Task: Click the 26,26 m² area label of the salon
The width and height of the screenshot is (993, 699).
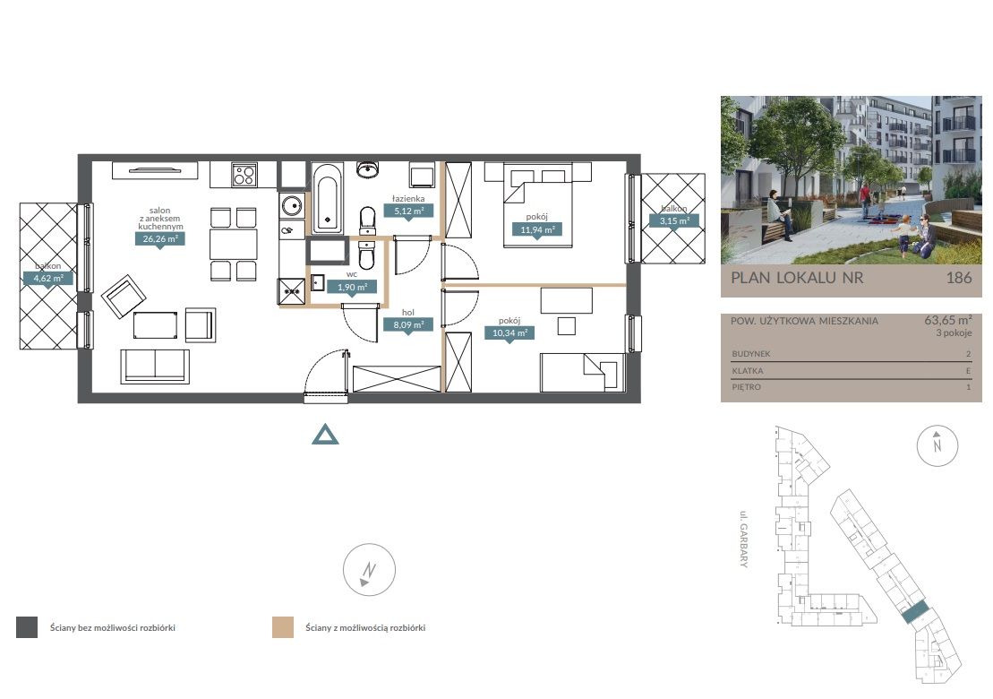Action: click(160, 239)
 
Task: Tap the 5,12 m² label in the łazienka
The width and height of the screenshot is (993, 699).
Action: click(408, 211)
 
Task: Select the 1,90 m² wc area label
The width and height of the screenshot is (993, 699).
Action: click(352, 287)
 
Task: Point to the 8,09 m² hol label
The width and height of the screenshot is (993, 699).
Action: click(408, 325)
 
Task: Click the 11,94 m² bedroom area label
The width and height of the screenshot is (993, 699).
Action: click(537, 230)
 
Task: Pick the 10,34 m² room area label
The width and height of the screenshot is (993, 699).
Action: click(509, 332)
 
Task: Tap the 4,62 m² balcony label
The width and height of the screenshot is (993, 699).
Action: click(48, 278)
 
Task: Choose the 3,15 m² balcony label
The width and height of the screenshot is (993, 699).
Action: click(674, 221)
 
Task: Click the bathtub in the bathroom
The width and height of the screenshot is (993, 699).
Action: click(327, 198)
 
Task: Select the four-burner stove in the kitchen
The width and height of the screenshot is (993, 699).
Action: click(244, 175)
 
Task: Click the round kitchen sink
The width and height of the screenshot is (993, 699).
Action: click(291, 205)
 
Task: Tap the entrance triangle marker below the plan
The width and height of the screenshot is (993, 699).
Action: click(325, 435)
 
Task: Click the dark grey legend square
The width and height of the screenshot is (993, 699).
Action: click(27, 627)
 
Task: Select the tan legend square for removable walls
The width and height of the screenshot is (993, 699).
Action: click(282, 627)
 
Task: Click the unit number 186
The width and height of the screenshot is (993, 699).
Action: click(959, 278)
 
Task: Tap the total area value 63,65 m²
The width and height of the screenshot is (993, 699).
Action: click(948, 320)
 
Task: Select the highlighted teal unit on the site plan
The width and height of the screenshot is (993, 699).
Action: click(915, 614)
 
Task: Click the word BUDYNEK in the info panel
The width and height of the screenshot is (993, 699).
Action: click(751, 354)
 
